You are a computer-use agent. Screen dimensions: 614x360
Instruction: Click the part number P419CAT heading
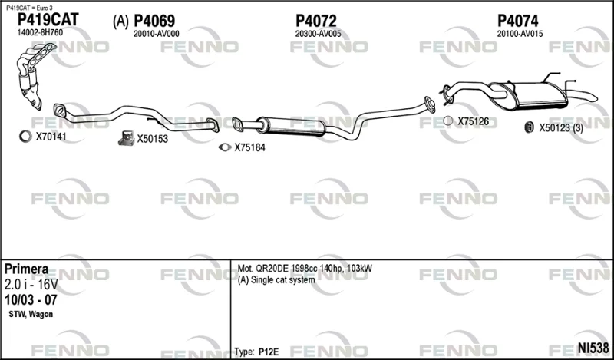48,19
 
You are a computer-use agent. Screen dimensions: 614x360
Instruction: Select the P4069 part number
154,21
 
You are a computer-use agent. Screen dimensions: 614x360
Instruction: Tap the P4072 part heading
316,21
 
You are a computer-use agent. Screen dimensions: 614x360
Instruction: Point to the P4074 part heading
517,21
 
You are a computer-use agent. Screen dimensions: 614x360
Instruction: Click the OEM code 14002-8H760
40,32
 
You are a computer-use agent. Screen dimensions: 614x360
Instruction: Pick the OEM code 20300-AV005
318,34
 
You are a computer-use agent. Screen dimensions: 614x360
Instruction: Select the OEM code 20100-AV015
520,34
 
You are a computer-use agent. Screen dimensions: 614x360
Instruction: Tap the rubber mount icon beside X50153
126,138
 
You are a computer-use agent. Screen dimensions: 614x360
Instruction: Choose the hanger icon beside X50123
529,127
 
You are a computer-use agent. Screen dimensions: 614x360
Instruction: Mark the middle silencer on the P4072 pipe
291,126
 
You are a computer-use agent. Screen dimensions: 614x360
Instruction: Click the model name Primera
27,269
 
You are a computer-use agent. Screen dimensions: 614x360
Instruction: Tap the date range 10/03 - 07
31,300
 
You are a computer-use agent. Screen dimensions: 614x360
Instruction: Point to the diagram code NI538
593,348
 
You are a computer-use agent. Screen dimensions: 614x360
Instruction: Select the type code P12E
269,352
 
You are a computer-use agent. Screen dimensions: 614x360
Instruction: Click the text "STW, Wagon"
31,314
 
